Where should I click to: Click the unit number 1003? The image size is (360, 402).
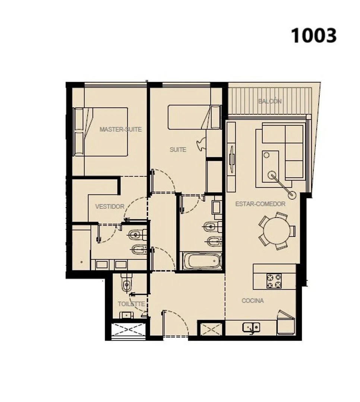pyautogui.click(x=313, y=35)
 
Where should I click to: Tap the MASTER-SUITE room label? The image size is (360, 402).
pyautogui.click(x=120, y=129)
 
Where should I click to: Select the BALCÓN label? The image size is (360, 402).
pyautogui.click(x=269, y=101)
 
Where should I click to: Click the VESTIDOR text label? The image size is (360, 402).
pyautogui.click(x=110, y=206)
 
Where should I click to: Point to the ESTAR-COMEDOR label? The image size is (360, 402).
pyautogui.click(x=260, y=204)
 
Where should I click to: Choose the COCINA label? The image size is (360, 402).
pyautogui.click(x=253, y=300)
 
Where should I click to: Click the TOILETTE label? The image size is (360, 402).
pyautogui.click(x=131, y=304)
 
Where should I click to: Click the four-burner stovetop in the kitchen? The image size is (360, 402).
pyautogui.click(x=274, y=281)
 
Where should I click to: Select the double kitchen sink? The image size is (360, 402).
pyautogui.click(x=251, y=328)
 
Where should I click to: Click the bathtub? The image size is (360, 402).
pyautogui.click(x=202, y=261)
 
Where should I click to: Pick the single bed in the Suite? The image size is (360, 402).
pyautogui.click(x=195, y=117)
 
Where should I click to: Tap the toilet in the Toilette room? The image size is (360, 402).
pyautogui.click(x=126, y=283)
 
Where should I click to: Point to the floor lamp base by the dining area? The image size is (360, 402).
pyautogui.click(x=292, y=195)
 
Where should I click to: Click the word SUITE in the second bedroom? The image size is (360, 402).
pyautogui.click(x=178, y=150)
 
